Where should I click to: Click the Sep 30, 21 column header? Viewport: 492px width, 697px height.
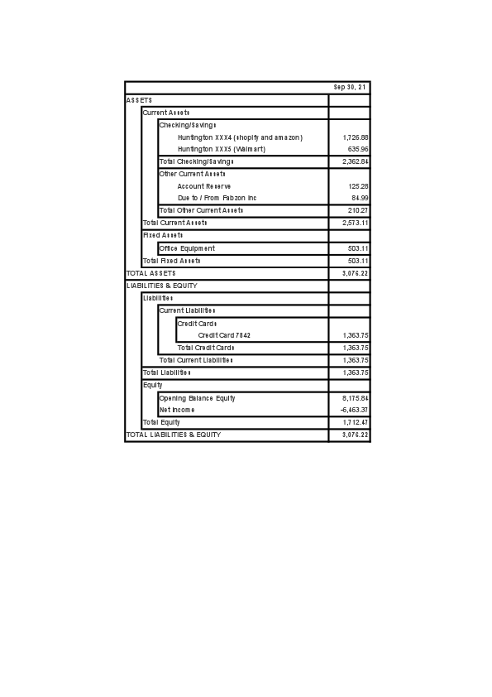pyautogui.click(x=351, y=87)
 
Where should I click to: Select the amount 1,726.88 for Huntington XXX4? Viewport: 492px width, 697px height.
pyautogui.click(x=355, y=137)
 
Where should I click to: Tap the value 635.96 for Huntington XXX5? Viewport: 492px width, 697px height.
pyautogui.click(x=358, y=149)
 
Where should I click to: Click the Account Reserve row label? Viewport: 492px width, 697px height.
pyautogui.click(x=204, y=186)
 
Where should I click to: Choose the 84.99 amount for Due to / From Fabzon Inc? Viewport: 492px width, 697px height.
pyautogui.click(x=360, y=199)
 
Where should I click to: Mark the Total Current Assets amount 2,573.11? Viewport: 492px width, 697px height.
pyautogui.click(x=355, y=224)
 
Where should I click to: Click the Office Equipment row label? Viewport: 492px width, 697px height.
pyautogui.click(x=187, y=248)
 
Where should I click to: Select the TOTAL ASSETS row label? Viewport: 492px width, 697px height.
pyautogui.click(x=150, y=273)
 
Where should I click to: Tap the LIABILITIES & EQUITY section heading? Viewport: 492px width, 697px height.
pyautogui.click(x=161, y=286)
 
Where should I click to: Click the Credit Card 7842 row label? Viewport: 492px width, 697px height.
pyautogui.click(x=224, y=335)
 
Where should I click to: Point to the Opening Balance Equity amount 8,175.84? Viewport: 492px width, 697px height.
pyautogui.click(x=355, y=398)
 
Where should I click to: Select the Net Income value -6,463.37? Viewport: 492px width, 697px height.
pyautogui.click(x=354, y=410)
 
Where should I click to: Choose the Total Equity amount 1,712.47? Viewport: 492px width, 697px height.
pyautogui.click(x=355, y=422)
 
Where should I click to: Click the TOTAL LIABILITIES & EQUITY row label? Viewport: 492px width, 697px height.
pyautogui.click(x=174, y=435)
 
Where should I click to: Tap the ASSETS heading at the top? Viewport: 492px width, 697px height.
pyautogui.click(x=139, y=100)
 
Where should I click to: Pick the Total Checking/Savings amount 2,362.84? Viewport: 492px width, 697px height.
pyautogui.click(x=355, y=161)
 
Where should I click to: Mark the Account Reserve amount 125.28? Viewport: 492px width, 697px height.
pyautogui.click(x=358, y=186)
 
